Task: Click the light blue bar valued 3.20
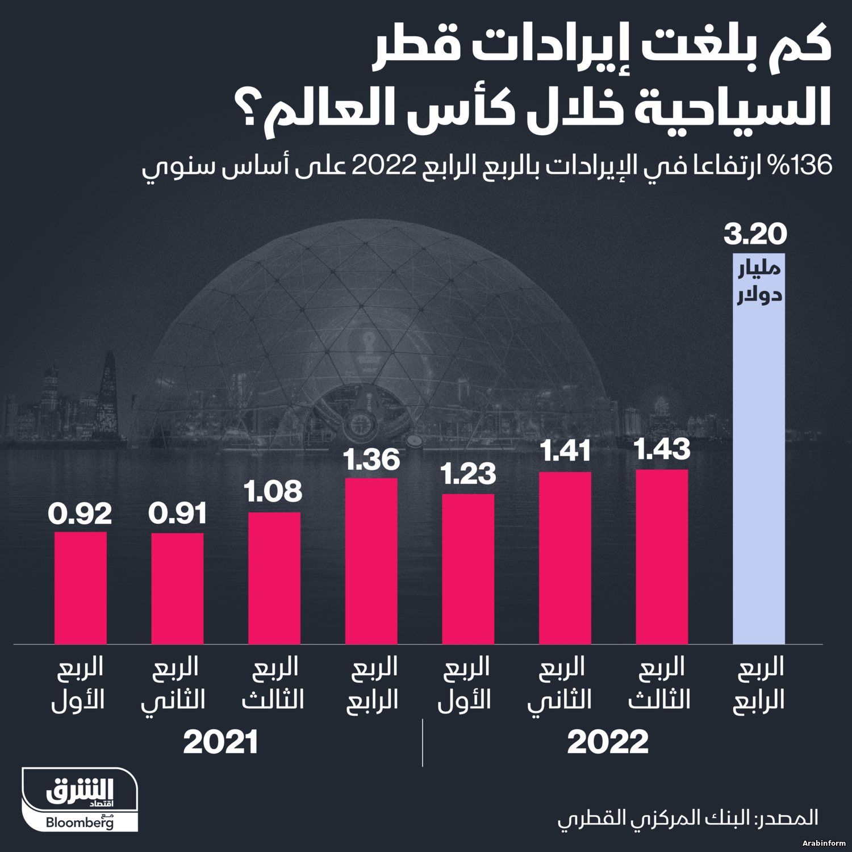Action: (x=759, y=454)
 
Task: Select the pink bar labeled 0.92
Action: (x=81, y=588)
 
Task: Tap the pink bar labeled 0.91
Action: (x=177, y=588)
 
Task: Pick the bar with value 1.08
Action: (x=274, y=578)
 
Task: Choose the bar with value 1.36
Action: (x=371, y=561)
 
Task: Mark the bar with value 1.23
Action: (x=468, y=569)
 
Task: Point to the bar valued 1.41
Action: (x=565, y=558)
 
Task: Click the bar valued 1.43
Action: (x=662, y=557)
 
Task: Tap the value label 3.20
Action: (x=755, y=235)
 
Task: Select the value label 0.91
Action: (x=177, y=514)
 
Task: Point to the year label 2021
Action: (x=220, y=742)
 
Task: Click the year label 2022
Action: (x=608, y=742)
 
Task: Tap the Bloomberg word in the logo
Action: (x=80, y=822)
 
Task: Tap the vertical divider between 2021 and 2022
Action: (x=423, y=742)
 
